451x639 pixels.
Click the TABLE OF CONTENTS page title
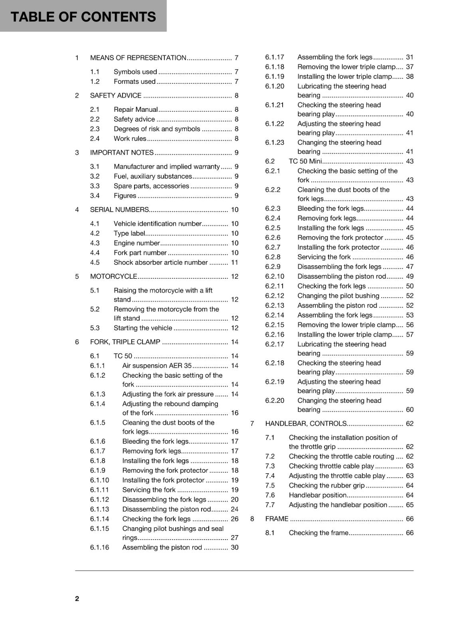point(83,17)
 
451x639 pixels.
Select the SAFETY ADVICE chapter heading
point(116,95)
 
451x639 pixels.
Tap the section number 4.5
point(95,262)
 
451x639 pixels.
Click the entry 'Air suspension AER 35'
point(157,365)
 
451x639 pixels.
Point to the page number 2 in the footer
point(77,598)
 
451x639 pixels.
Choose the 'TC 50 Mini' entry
point(305,161)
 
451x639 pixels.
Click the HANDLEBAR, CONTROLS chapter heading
point(306,423)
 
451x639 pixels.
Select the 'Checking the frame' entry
point(318,533)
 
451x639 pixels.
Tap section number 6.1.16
point(99,547)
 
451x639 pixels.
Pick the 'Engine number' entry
point(136,243)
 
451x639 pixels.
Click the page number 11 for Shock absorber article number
point(234,262)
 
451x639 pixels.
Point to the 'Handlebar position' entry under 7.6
point(318,495)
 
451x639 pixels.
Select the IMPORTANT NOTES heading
point(122,153)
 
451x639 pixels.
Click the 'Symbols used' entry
point(135,72)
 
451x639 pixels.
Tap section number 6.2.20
point(275,401)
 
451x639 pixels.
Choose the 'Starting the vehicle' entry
point(143,328)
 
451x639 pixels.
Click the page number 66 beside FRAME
point(409,519)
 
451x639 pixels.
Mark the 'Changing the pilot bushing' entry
point(338,296)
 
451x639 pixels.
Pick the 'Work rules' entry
point(130,139)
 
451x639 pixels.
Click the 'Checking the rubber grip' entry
point(326,486)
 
